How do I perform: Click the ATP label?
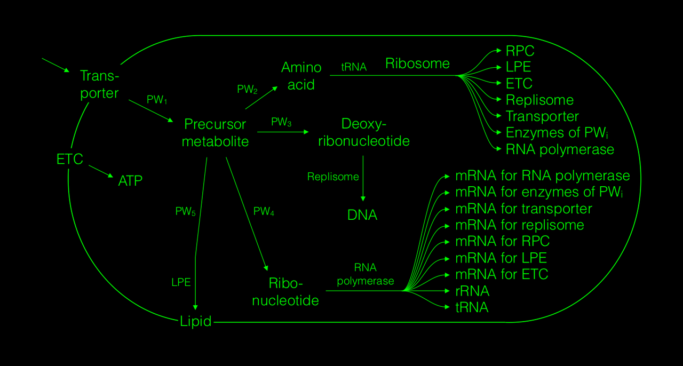click(130, 181)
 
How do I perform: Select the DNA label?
click(362, 215)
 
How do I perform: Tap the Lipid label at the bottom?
click(196, 321)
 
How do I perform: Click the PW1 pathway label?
click(157, 100)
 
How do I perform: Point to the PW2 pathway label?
click(248, 90)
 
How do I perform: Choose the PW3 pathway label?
click(281, 122)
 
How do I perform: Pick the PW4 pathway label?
click(264, 212)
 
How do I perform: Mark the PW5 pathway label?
click(186, 212)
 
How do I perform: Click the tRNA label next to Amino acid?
click(354, 68)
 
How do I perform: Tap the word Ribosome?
click(417, 63)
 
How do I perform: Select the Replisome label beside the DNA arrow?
click(333, 177)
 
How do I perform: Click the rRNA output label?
click(472, 291)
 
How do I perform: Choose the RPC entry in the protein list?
click(520, 51)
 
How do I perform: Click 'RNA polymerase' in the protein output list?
click(560, 149)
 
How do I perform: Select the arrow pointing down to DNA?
click(363, 178)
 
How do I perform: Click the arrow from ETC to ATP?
click(101, 171)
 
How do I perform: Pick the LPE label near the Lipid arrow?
click(181, 282)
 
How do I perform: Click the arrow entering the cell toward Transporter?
click(55, 65)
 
